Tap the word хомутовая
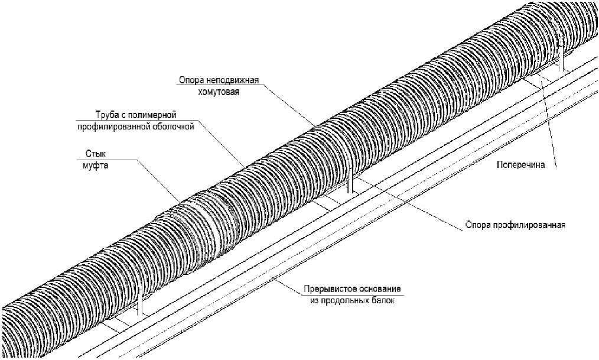[x=219, y=92]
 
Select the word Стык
[x=96, y=154]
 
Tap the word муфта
[x=96, y=166]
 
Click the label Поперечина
[x=520, y=165]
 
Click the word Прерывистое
[x=327, y=289]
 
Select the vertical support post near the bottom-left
[x=140, y=302]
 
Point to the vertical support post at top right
[x=561, y=60]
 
